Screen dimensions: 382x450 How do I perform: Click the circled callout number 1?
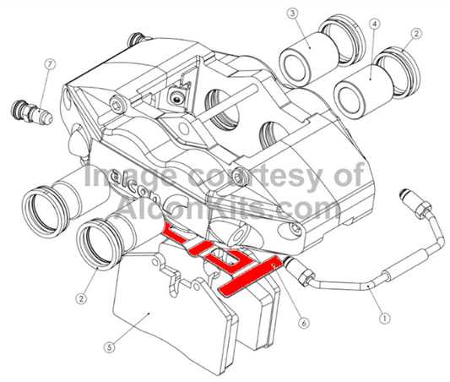click(x=385, y=319)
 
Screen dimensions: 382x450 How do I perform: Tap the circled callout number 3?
click(x=292, y=14)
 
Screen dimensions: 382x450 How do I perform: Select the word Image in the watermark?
click(x=123, y=178)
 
